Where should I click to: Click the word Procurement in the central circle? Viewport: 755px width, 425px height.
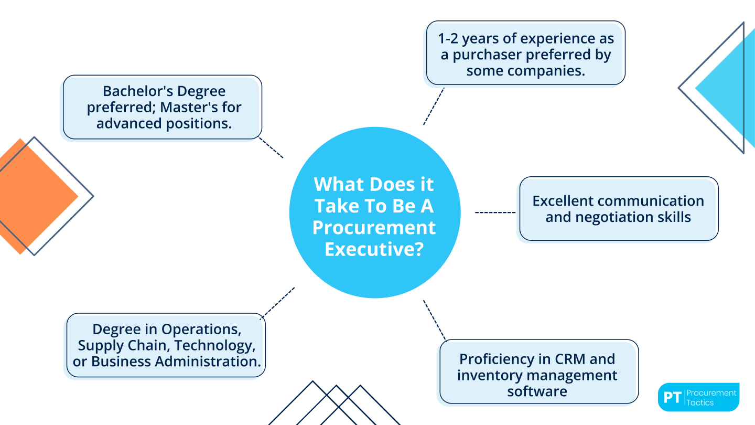[374, 227]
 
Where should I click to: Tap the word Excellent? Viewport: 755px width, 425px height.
[563, 200]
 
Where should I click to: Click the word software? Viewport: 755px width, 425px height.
[537, 391]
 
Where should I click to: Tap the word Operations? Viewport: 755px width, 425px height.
[201, 329]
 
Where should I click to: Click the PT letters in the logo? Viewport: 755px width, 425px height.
[672, 397]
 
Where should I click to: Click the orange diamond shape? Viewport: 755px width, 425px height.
[31, 197]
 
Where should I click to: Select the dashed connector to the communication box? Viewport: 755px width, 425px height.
[495, 212]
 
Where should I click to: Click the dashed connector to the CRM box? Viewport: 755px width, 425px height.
[434, 320]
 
